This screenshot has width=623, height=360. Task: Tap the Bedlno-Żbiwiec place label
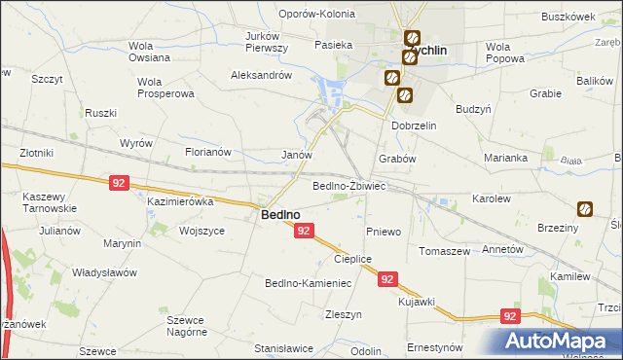coord(349,186)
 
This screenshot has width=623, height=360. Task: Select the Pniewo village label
coord(384,232)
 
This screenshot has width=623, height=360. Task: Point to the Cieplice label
coord(353,259)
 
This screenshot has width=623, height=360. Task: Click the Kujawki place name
coord(416,302)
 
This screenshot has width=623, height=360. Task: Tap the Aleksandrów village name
coord(261,75)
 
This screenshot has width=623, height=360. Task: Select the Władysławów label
coord(104,273)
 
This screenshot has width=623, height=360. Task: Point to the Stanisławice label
coord(283,347)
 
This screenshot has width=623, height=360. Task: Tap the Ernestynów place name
coord(434,347)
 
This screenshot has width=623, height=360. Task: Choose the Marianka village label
coord(505,158)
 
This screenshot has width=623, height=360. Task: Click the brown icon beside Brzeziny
coord(585,208)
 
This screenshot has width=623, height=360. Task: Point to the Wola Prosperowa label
coord(166,88)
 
